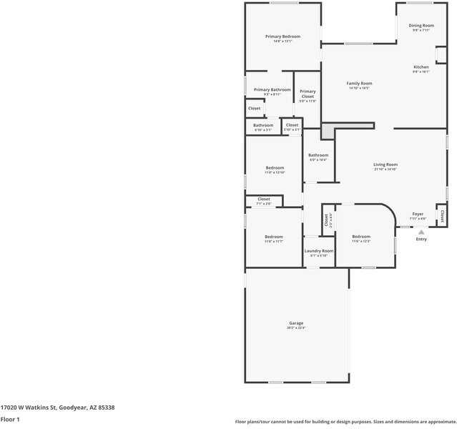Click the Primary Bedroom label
[x=282, y=36]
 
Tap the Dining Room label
[x=421, y=26]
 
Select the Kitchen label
[x=421, y=67]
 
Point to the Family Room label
[x=359, y=84]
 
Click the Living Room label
[x=385, y=164]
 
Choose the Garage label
[x=296, y=323]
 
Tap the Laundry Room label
[x=319, y=251]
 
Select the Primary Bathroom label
[x=272, y=89]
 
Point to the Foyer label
[x=418, y=214]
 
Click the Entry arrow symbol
[x=421, y=232]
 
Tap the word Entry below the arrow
[x=421, y=239]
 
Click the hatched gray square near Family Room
[x=328, y=132]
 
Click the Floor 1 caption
[x=10, y=419]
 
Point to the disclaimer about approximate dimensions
[x=345, y=421]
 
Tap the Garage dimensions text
[x=296, y=328]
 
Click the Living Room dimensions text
[x=385, y=169]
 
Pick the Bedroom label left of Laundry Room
[x=274, y=237]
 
